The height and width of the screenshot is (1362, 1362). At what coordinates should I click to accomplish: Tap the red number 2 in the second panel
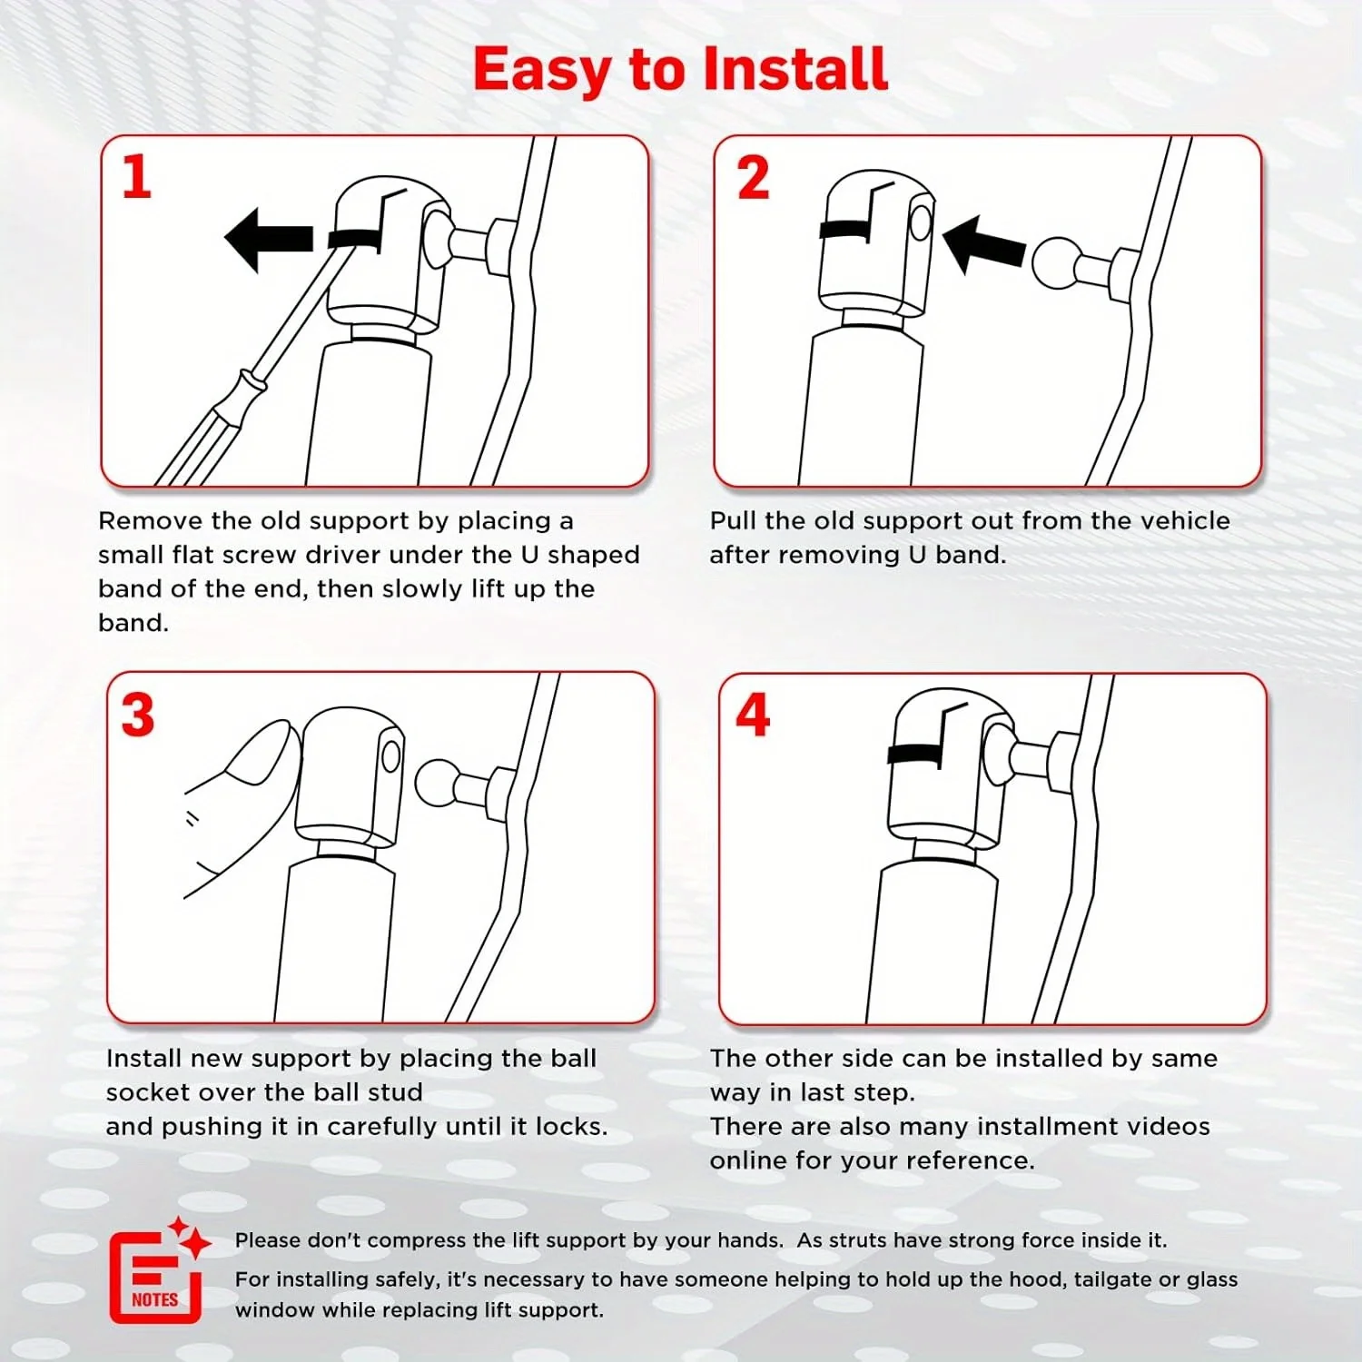753,178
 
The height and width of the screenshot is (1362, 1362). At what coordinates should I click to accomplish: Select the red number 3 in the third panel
138,716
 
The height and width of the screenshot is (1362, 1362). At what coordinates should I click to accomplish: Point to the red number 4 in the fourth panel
753,715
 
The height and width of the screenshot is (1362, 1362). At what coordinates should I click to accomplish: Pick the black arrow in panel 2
983,244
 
